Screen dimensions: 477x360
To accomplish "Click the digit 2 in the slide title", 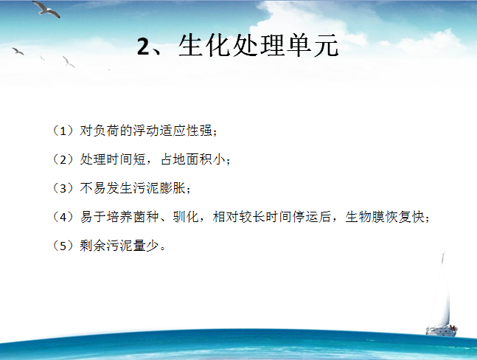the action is coord(143,46).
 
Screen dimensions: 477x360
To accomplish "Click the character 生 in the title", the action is coord(190,45).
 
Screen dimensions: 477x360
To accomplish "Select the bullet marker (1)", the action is coord(63,131).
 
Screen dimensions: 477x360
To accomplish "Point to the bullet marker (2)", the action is coord(63,159).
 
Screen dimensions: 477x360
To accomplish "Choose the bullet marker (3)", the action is coord(63,188).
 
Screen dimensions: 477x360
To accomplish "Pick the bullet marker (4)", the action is coord(63,217).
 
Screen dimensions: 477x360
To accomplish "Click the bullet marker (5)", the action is coord(63,246).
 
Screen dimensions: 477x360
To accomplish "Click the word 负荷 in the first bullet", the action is coord(106,131).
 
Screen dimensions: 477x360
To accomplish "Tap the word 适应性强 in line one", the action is coord(186,131).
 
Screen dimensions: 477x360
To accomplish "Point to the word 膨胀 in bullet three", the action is coord(173,188).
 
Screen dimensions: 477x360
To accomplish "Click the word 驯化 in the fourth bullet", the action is coord(186,217).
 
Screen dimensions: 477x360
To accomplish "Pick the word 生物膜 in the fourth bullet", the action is coord(365,217).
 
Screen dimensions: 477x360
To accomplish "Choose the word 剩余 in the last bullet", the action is coord(93,246).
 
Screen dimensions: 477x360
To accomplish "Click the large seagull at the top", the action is coord(46,9).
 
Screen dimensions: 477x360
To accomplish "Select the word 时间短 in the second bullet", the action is coord(126,159).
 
